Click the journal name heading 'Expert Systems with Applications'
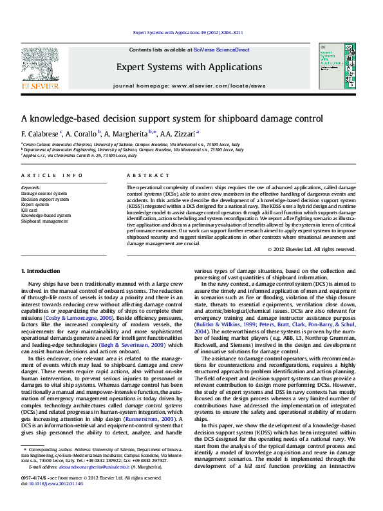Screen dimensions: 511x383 pyautogui.click(x=189, y=67)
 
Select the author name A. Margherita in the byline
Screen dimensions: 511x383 pyautogui.click(x=126, y=133)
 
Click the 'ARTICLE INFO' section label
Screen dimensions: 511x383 pyautogui.click(x=51, y=176)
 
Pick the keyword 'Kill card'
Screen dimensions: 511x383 pyautogui.click(x=29, y=210)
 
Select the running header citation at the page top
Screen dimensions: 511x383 pyautogui.click(x=187, y=32)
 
